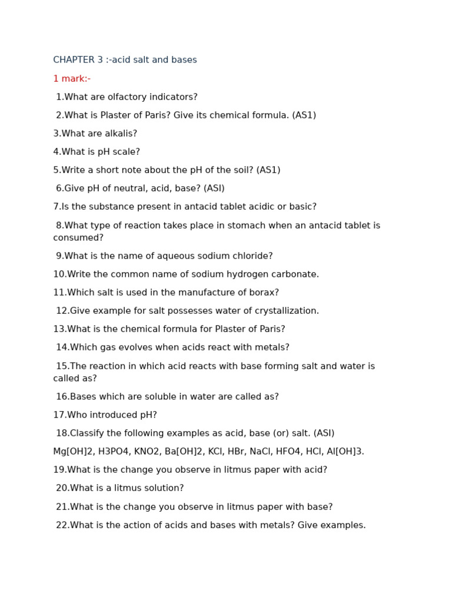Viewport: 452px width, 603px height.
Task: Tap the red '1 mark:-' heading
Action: tap(72, 79)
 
